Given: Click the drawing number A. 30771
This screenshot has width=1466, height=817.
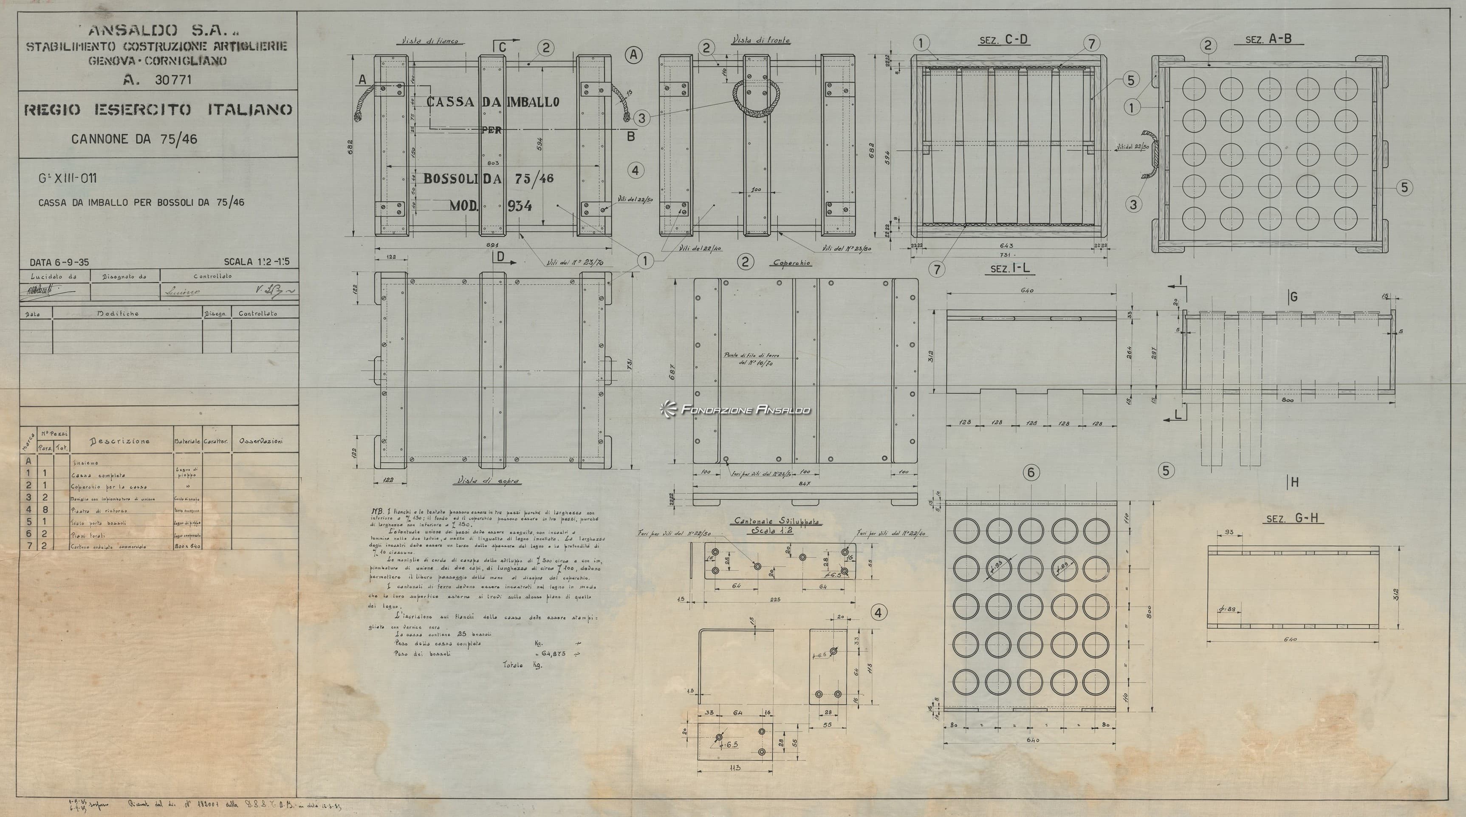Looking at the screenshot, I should click(158, 80).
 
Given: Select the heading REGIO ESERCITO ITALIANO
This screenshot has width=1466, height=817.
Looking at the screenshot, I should click(158, 110).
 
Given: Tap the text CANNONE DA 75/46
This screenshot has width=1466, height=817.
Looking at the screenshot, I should click(134, 139).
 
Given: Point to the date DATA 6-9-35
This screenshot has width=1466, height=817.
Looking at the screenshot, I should click(59, 263).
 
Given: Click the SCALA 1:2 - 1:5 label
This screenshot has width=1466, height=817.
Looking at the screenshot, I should click(256, 262).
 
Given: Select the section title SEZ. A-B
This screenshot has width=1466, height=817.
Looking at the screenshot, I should click(1268, 39).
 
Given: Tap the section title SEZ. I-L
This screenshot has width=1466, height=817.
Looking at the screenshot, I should click(1010, 268).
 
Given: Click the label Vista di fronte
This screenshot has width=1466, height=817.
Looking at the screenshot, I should click(761, 40).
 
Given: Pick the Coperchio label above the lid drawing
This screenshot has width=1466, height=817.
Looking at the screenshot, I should click(791, 263).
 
